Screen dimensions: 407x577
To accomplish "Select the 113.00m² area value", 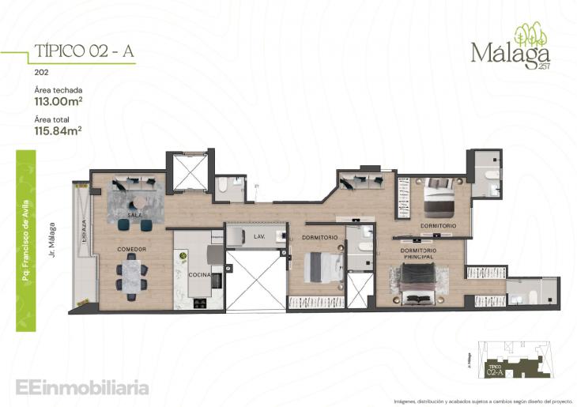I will tap(58, 101).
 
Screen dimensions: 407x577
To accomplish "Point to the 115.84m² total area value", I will tap(58, 130).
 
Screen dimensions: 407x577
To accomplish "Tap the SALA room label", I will tap(134, 215).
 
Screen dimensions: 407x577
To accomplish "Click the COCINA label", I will tap(198, 275).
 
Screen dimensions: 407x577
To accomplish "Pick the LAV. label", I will tap(258, 236).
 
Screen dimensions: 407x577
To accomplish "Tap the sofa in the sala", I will tap(135, 183).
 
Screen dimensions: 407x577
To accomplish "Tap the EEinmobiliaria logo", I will tap(81, 387).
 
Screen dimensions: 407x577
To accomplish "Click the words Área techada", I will tap(58, 90).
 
